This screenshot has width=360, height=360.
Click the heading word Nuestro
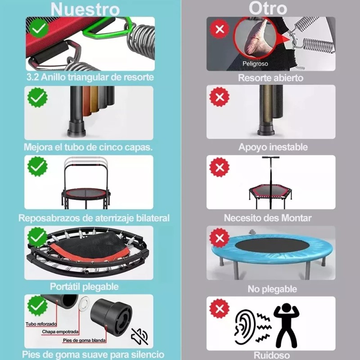point(85,9)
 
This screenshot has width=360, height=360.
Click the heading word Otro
point(268,8)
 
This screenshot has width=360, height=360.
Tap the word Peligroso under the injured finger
point(255,64)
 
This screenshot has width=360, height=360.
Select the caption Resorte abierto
point(270,78)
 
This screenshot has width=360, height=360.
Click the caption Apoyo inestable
point(273,147)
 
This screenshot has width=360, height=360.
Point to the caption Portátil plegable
point(84,287)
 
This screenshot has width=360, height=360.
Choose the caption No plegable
point(272,289)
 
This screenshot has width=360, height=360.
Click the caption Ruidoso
point(271,354)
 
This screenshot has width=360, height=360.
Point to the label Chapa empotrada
point(61,332)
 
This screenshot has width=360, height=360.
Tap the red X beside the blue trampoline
point(220,238)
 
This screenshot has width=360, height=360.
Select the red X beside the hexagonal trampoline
point(220,168)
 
